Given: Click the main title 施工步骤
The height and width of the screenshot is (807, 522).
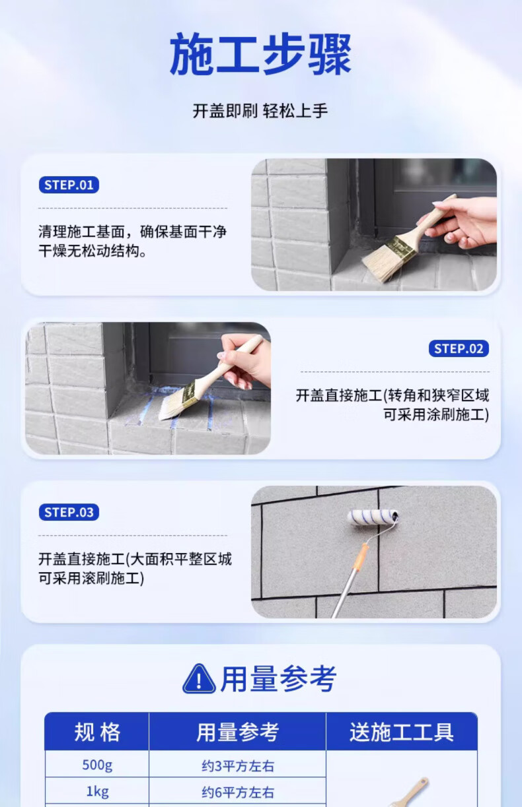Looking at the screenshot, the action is click(260, 54).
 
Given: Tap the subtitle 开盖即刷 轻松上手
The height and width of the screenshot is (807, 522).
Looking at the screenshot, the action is click(260, 111).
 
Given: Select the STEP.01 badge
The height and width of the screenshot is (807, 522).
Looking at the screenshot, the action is click(69, 185).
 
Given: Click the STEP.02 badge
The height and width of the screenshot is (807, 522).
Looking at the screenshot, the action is click(459, 348).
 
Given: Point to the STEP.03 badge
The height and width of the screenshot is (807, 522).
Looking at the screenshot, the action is click(69, 512).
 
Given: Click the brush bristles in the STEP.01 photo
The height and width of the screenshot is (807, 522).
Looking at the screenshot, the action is click(382, 265).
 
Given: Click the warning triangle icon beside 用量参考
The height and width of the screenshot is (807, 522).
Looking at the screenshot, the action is click(199, 679).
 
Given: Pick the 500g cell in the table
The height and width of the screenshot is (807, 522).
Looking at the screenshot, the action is click(97, 765).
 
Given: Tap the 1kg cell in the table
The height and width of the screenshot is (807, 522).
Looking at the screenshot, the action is click(97, 791).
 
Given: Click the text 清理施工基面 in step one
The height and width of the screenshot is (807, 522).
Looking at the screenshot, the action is click(82, 232).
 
